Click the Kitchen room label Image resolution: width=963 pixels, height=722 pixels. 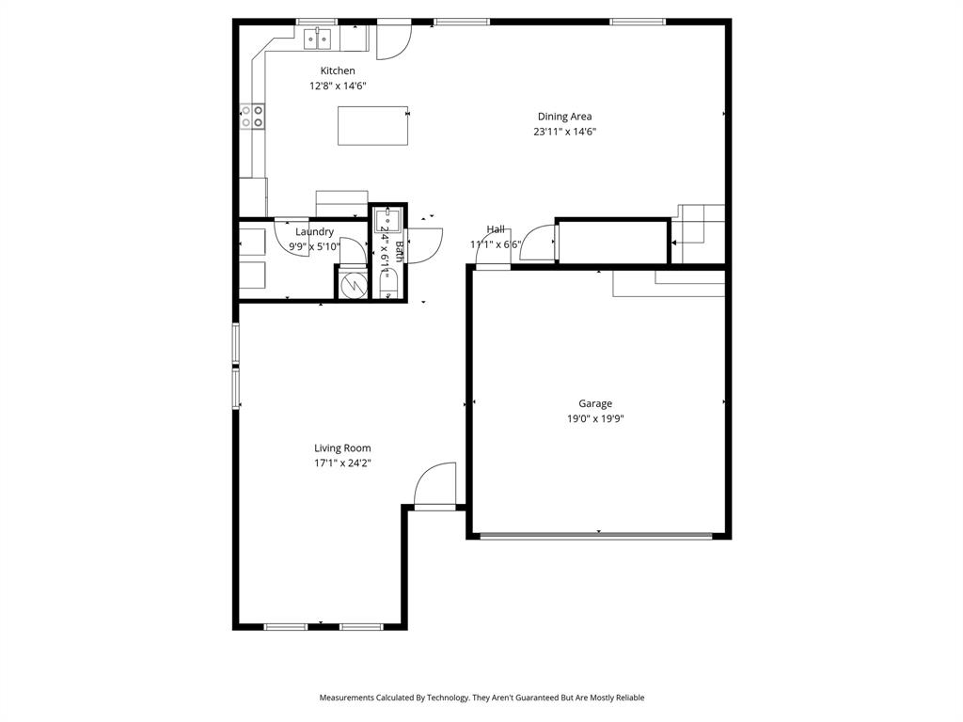click(x=338, y=71)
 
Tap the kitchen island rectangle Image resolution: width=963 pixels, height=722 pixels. click(x=372, y=126)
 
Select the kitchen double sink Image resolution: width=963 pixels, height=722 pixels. click(x=319, y=38)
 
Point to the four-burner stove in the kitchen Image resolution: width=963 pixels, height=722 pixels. click(x=252, y=116)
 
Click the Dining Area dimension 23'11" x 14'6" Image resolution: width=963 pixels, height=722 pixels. click(x=564, y=133)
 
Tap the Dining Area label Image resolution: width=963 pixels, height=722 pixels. click(x=564, y=117)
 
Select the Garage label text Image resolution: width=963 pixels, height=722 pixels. click(x=595, y=404)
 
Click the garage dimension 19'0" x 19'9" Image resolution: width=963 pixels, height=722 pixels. click(x=595, y=420)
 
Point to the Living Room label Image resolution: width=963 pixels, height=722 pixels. click(x=342, y=448)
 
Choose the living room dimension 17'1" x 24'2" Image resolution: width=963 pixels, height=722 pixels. click(x=342, y=463)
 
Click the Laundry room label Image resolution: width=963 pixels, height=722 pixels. click(x=314, y=231)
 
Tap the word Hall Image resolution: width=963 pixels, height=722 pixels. click(x=496, y=229)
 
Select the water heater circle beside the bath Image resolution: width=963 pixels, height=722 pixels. click(x=355, y=284)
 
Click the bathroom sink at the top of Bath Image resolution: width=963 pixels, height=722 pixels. click(x=387, y=222)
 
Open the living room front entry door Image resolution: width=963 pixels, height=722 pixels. click(x=435, y=486)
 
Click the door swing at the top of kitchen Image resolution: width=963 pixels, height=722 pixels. click(x=393, y=41)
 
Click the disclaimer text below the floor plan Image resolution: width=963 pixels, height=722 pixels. click(x=481, y=698)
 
